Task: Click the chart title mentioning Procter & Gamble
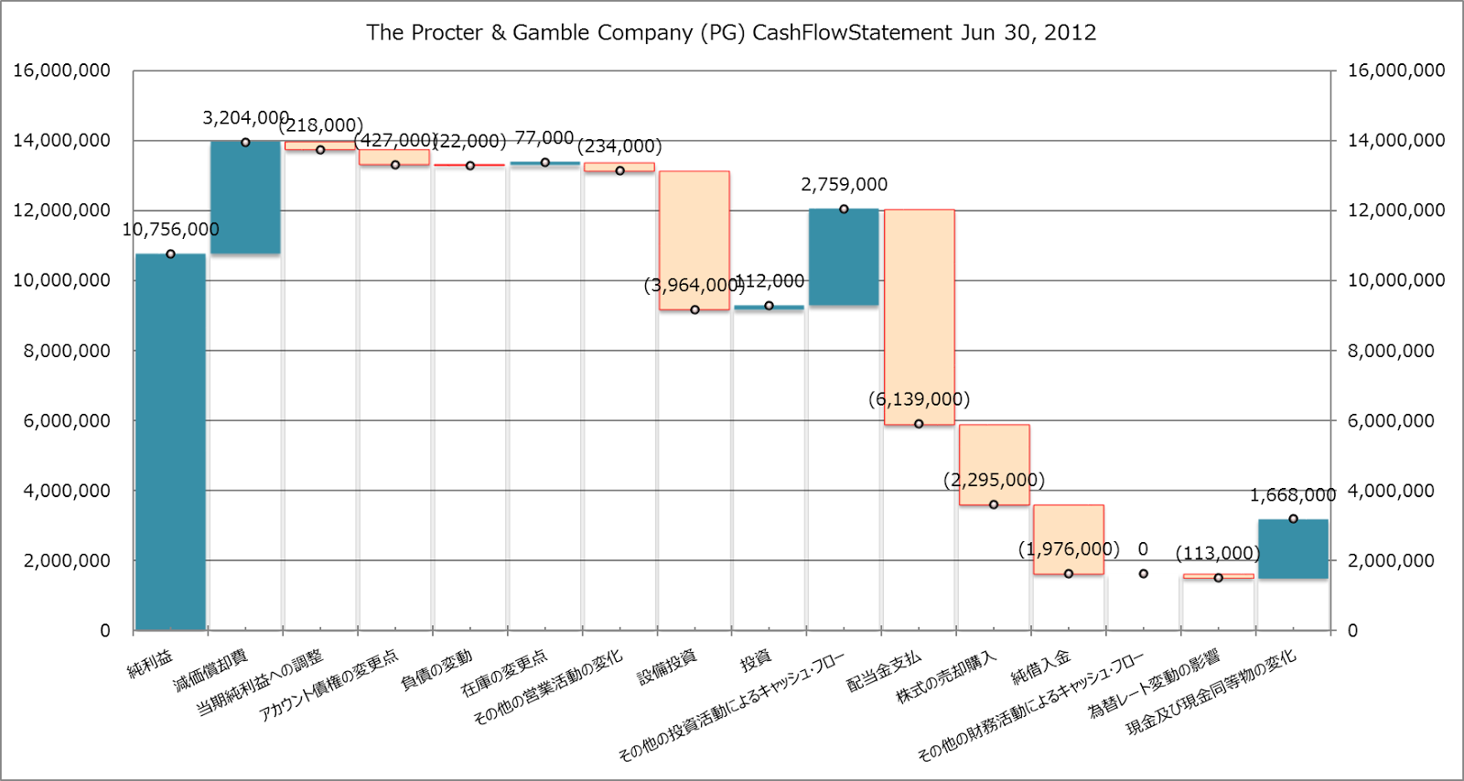pos(730,33)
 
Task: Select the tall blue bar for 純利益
pos(170,441)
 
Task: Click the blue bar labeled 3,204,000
pos(245,197)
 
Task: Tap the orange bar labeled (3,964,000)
pos(694,240)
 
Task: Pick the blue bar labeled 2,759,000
pos(844,257)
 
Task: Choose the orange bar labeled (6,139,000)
pos(919,317)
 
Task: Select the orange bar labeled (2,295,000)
pos(994,464)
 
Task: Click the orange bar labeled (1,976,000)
pos(1069,539)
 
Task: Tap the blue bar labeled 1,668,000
pos(1293,548)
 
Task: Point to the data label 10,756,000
pos(170,230)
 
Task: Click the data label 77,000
pos(544,138)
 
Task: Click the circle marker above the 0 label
pos(1143,573)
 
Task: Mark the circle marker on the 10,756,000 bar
pos(170,254)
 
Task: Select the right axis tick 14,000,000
pos(1396,140)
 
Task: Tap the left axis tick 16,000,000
pos(61,71)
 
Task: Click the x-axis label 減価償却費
pos(211,669)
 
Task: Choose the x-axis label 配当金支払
pos(885,671)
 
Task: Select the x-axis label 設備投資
pos(667,667)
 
